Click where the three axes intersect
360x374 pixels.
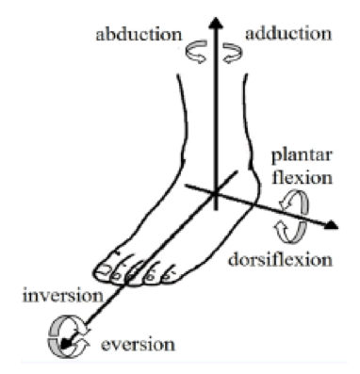pyautogui.click(x=216, y=194)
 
